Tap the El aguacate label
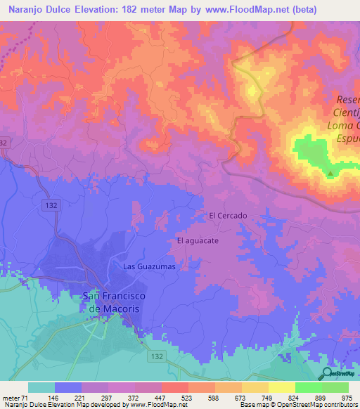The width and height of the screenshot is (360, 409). [x=198, y=240]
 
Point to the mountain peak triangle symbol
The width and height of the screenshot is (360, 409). [x=330, y=173]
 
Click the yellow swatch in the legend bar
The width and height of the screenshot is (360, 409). [x=281, y=387]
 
